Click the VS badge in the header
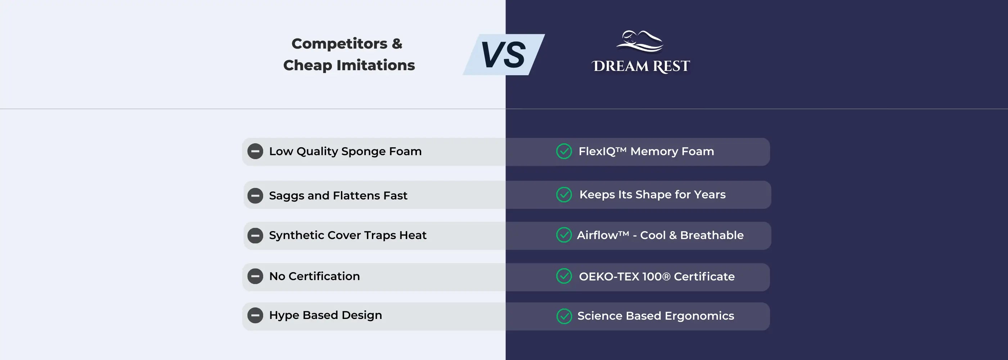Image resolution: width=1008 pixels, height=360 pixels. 504,55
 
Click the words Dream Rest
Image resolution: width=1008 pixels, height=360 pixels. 640,66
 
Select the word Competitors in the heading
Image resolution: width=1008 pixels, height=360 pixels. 339,44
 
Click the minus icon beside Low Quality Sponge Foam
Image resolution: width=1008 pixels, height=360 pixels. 255,152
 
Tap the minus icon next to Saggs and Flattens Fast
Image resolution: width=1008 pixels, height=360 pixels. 255,195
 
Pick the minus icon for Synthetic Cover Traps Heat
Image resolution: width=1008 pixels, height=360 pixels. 255,235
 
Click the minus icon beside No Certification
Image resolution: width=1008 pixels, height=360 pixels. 255,276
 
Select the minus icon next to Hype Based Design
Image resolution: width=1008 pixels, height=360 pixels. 255,315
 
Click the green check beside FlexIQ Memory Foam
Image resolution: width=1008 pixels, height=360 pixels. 564,152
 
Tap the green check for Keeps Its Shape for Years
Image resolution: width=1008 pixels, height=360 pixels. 564,195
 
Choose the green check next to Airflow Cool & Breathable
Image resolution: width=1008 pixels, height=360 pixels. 564,235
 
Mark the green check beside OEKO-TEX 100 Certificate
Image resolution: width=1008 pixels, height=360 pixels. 564,276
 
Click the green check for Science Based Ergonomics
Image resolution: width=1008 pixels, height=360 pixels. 564,316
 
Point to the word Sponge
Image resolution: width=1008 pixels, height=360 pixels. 363,152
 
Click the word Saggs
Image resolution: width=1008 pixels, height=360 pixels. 287,195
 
